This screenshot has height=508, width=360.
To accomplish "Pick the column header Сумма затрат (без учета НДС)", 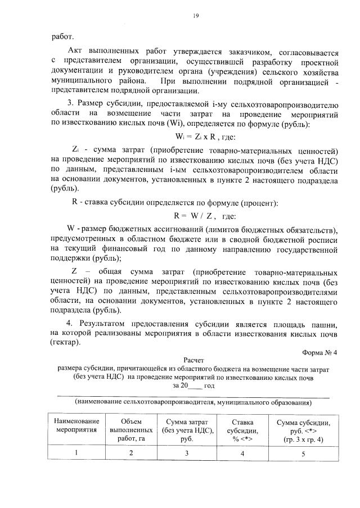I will click(187, 429).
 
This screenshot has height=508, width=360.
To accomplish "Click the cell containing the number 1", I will click(77, 453).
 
